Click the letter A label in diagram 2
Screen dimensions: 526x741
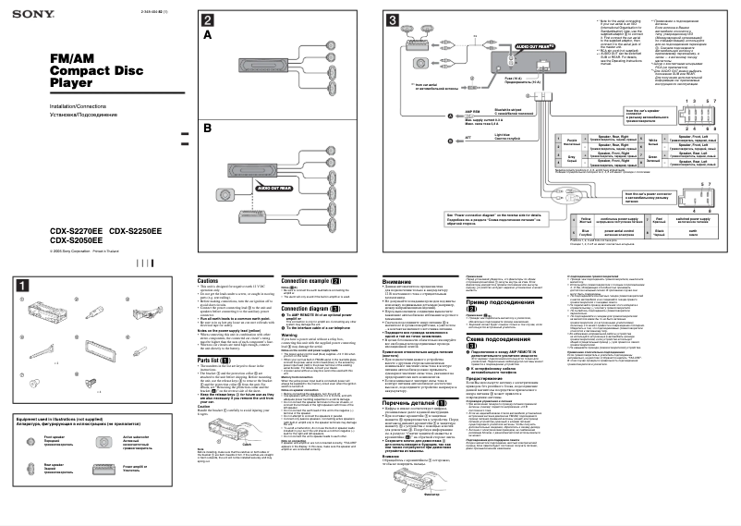pos(208,34)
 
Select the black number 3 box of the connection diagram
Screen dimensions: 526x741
pos(393,20)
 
